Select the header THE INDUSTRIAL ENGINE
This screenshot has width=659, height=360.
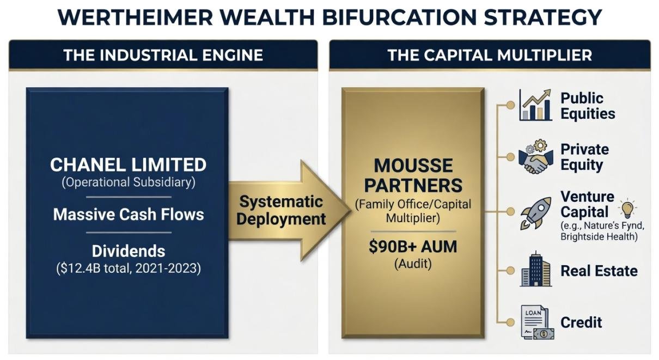point(163,55)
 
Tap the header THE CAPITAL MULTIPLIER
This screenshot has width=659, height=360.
point(490,55)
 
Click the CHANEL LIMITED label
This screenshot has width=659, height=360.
point(128,164)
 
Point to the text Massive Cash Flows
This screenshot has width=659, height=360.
point(128,214)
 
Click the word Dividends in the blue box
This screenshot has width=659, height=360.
point(128,251)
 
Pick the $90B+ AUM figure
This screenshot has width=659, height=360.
point(413,247)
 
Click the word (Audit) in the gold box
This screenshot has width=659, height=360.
point(413,264)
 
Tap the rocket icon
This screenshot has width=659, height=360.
point(535,212)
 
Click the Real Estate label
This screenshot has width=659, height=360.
point(599,271)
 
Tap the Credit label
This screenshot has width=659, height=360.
point(581,322)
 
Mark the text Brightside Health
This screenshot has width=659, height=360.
point(599,237)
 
